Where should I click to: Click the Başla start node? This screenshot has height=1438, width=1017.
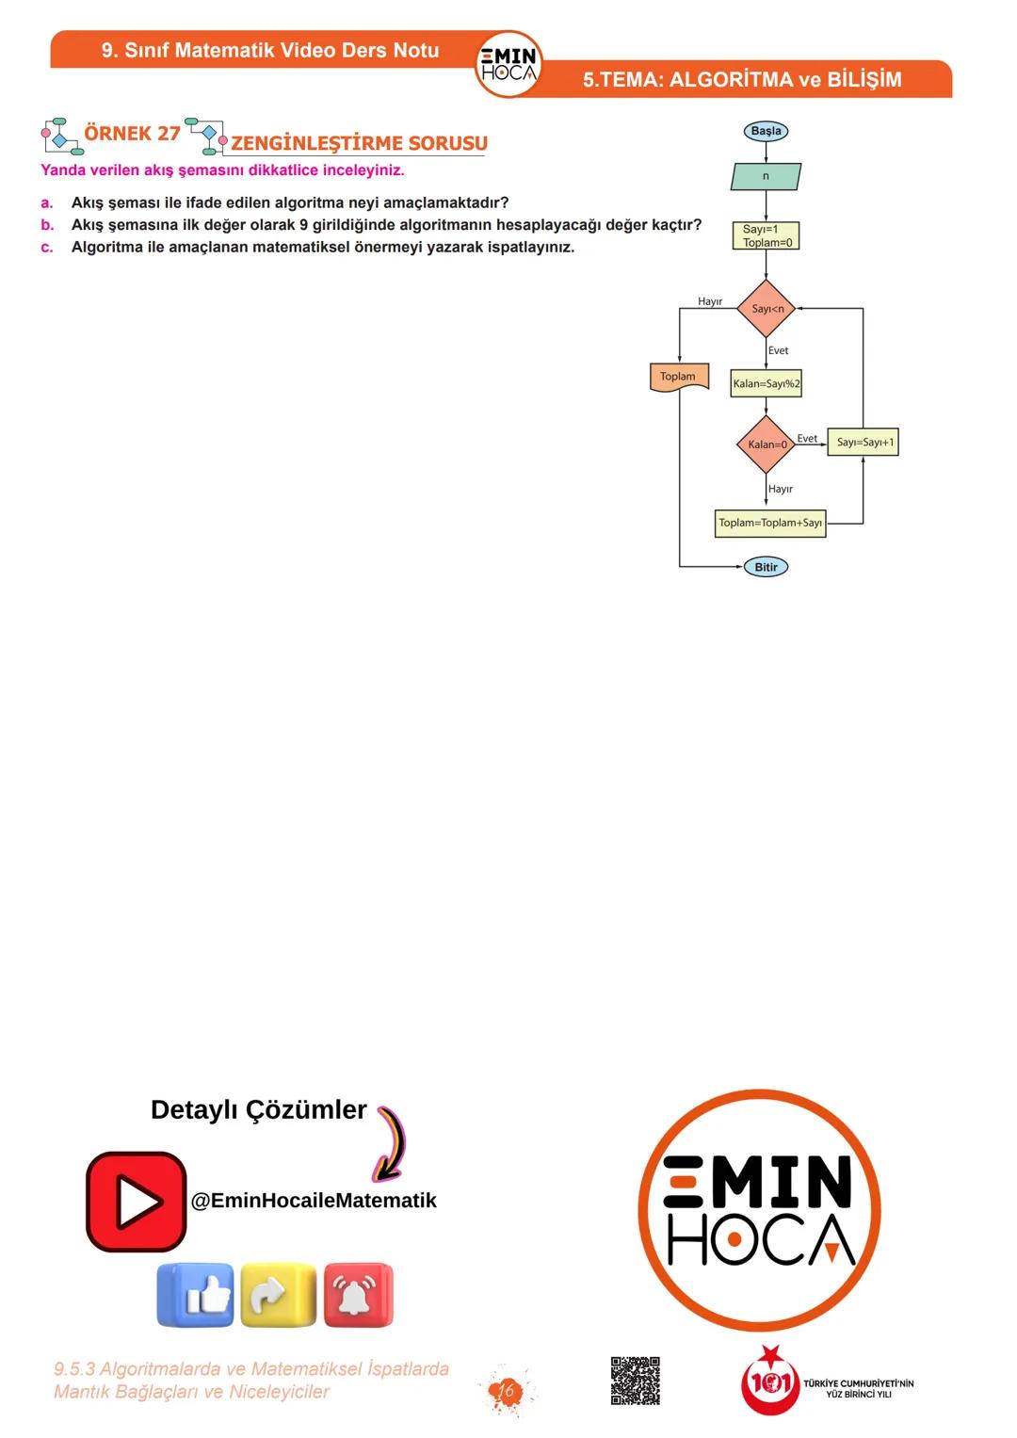coord(766,131)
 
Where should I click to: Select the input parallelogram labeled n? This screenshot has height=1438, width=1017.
coord(766,176)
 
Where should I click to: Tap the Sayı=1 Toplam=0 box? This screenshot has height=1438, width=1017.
coord(767,235)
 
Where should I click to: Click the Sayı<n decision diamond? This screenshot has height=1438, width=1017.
coord(767,308)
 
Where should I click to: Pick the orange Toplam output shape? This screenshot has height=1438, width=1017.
coord(678,377)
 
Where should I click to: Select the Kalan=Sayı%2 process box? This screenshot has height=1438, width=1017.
coord(767,383)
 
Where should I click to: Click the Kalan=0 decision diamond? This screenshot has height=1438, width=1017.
coord(767,444)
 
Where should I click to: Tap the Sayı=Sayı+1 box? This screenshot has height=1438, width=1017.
coord(864,442)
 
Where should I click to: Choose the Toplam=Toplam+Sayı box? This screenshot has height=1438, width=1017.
coord(770,523)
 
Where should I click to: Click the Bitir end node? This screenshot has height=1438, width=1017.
coord(766,567)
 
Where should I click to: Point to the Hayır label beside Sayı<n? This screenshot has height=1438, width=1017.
coord(710,301)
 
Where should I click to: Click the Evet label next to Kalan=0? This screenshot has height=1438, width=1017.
coord(807,438)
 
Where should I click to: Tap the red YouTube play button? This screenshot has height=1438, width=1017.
coord(137,1202)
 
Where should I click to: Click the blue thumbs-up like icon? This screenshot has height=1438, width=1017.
coord(195,1296)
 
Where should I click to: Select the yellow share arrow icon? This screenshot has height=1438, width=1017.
coord(278,1296)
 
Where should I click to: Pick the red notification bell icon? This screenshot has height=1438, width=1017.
coord(358,1296)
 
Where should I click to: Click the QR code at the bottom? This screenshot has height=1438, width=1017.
coord(636,1381)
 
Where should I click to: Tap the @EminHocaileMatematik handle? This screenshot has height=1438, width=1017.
coord(314,1201)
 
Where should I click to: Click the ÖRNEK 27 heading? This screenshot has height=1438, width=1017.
coord(132,134)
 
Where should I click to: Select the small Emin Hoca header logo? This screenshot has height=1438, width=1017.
coord(508,64)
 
